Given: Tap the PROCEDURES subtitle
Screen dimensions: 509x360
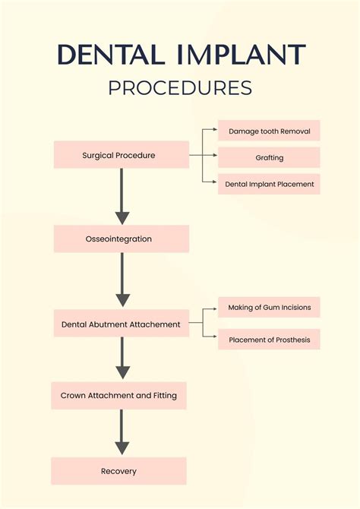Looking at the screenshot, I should [x=180, y=88].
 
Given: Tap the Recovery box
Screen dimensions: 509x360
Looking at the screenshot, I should [x=118, y=471].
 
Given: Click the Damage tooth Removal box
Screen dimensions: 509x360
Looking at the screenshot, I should [x=269, y=131].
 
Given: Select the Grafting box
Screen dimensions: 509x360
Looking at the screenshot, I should [x=269, y=158].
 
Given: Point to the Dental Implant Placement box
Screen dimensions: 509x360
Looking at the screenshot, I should [x=269, y=184].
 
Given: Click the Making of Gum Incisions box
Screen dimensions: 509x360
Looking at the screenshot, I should [x=269, y=307].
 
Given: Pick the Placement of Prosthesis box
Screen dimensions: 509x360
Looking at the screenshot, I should [x=269, y=340].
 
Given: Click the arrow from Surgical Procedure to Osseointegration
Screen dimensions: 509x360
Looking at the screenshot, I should [x=122, y=198].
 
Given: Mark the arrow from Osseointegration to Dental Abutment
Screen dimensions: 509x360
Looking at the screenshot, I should [x=122, y=281].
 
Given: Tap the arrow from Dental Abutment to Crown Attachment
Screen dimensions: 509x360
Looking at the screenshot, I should [x=122, y=359].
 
